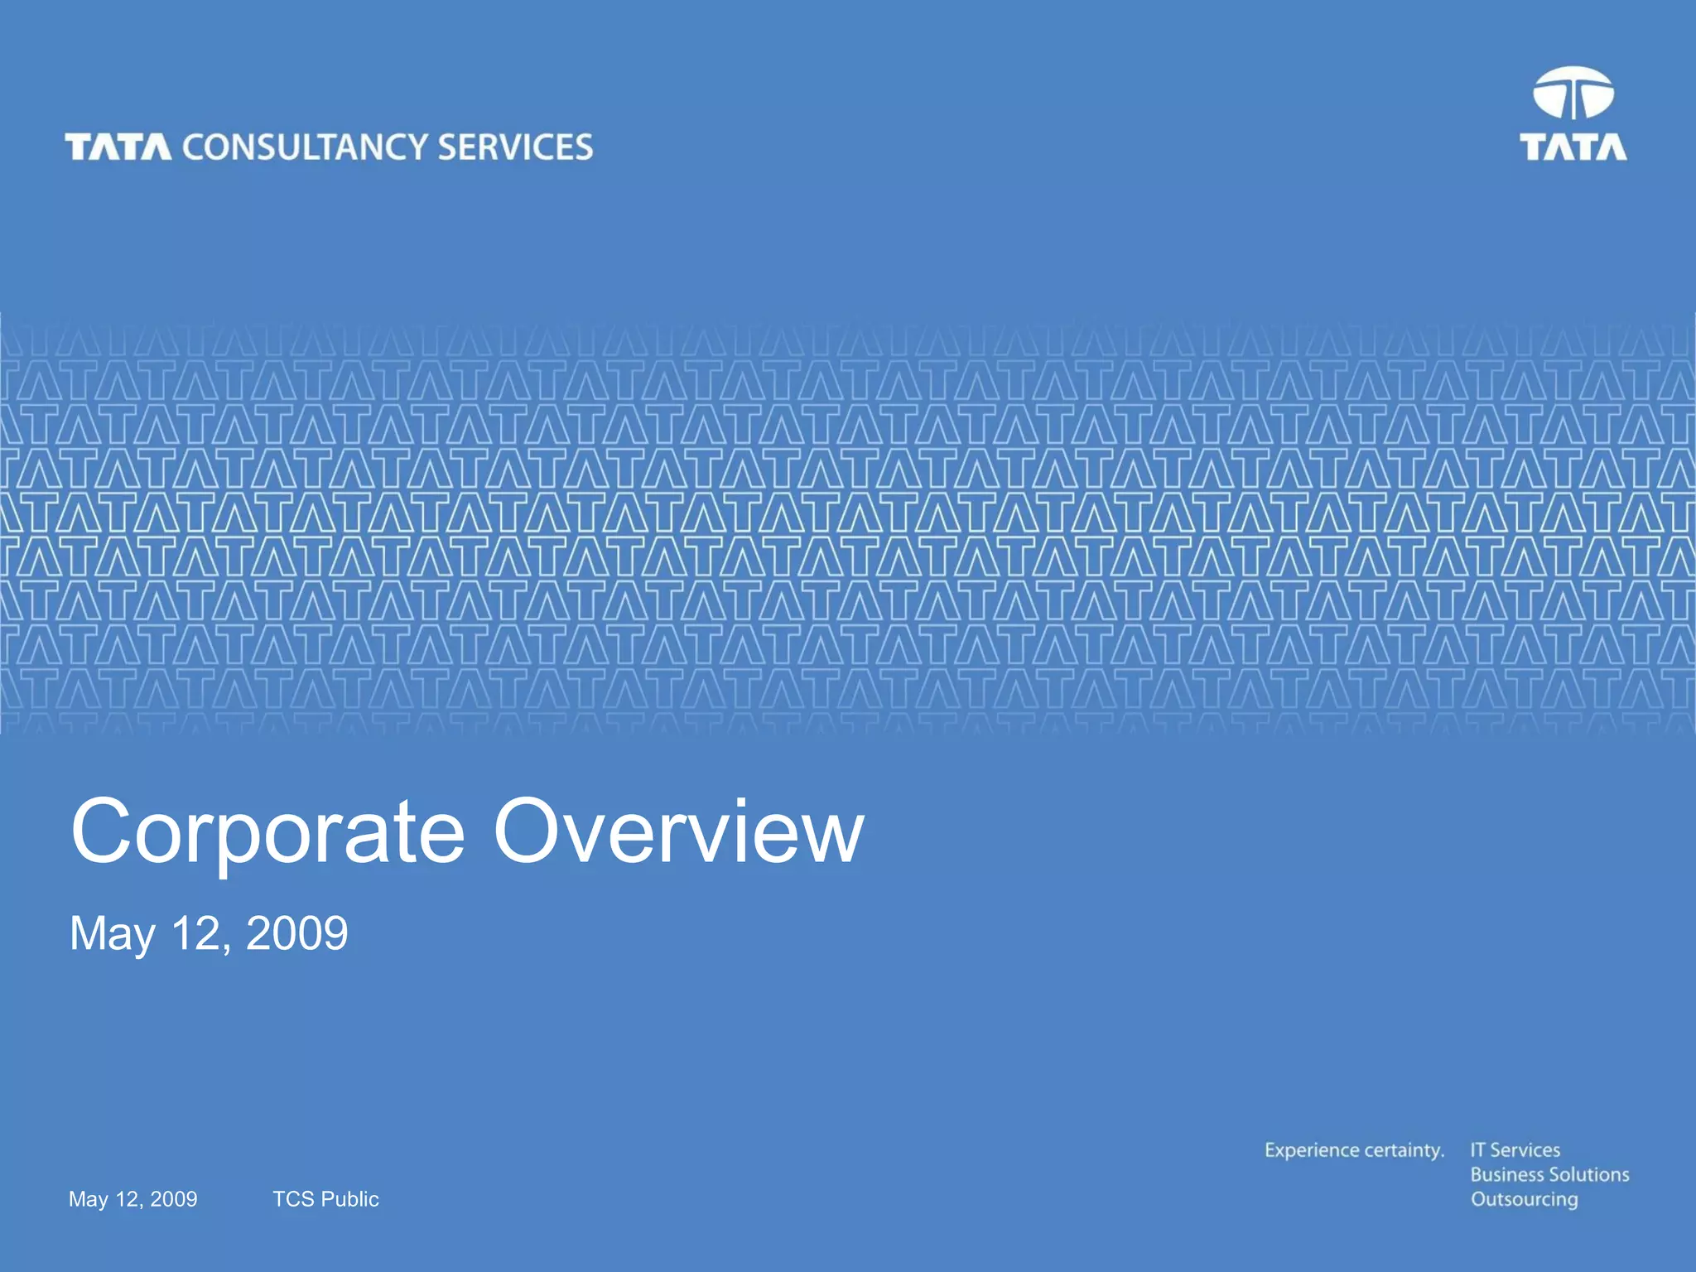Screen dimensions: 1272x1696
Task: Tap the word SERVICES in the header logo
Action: pos(515,147)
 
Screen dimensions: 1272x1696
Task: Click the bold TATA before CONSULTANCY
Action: pos(118,147)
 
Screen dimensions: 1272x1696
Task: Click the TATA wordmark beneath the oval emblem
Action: pos(1573,147)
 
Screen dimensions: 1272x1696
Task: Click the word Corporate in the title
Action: pos(267,831)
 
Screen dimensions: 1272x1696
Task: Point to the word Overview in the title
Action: pos(679,831)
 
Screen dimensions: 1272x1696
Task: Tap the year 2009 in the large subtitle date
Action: pos(296,933)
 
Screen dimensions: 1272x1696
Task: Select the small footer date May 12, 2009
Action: pos(132,1199)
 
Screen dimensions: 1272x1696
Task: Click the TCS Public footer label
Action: pos(325,1199)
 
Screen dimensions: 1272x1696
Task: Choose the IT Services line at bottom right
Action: pos(1515,1150)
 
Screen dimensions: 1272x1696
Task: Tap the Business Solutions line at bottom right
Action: pos(1549,1174)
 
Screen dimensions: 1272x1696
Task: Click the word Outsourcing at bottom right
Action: pos(1524,1200)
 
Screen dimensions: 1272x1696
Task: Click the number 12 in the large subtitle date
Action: pos(197,933)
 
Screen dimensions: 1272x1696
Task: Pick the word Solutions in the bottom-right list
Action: pos(1588,1174)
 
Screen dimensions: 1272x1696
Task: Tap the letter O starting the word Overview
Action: pos(526,831)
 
